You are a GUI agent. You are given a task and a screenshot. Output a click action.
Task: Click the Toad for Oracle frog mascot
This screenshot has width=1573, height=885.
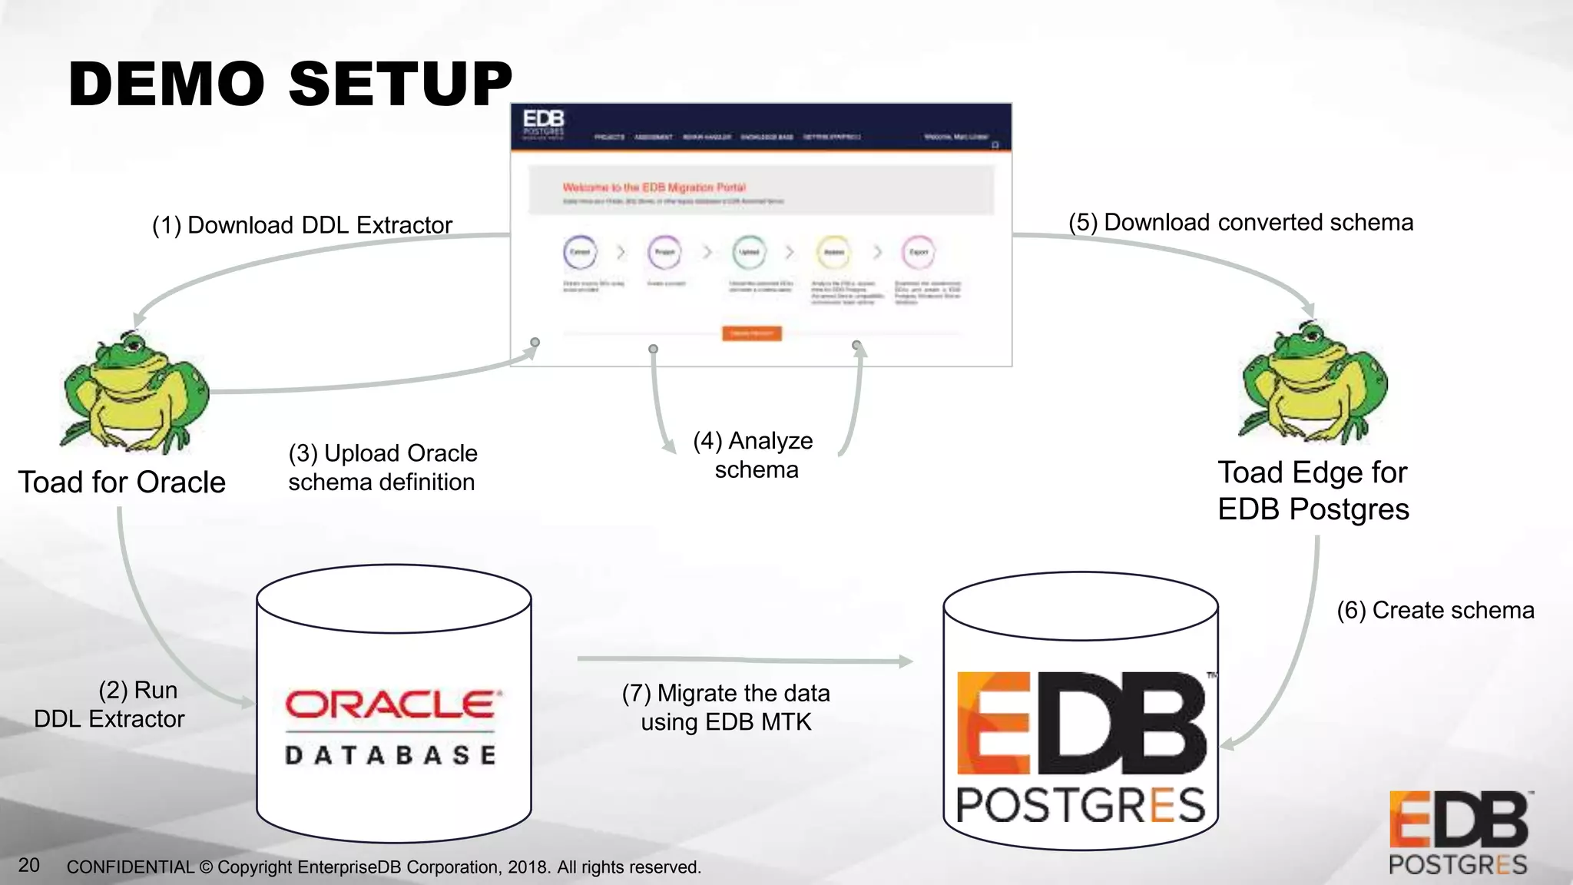[135, 392]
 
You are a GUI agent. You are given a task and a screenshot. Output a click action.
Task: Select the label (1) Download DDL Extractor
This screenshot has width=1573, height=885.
[302, 225]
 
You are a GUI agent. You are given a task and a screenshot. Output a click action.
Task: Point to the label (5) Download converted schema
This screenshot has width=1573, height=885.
[1240, 222]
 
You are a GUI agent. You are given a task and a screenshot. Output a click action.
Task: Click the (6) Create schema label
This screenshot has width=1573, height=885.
[1435, 610]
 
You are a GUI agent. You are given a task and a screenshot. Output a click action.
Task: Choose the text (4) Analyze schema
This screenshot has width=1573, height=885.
[753, 455]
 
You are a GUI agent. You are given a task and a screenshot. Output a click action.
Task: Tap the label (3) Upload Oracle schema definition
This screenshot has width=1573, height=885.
[382, 467]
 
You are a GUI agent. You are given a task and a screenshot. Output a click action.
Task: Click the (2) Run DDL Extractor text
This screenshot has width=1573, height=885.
[110, 704]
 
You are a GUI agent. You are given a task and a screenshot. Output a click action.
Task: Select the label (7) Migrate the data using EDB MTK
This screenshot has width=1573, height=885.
[726, 707]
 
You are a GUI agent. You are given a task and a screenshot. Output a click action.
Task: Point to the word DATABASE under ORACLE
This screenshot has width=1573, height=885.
[391, 754]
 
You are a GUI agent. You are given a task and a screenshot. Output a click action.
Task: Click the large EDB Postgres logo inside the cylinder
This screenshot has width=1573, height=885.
[1081, 745]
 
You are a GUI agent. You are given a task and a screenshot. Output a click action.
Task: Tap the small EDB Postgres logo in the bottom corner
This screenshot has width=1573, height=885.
[1458, 834]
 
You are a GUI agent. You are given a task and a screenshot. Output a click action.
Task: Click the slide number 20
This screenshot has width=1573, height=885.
[28, 865]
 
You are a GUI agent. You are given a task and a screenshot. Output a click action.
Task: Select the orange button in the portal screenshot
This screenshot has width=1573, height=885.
[751, 333]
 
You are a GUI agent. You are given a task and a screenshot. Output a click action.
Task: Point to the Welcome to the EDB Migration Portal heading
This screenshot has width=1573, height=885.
[654, 187]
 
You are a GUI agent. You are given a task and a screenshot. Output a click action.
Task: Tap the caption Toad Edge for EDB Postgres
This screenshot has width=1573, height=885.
[1313, 490]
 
